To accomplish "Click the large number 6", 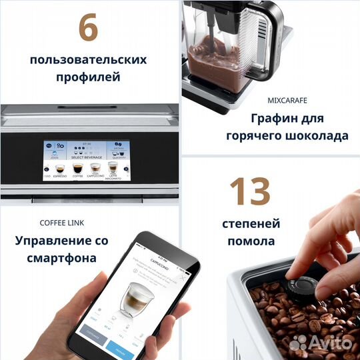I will click(89, 28).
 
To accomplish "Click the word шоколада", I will click(316, 136).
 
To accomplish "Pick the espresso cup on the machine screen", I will click(59, 169).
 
